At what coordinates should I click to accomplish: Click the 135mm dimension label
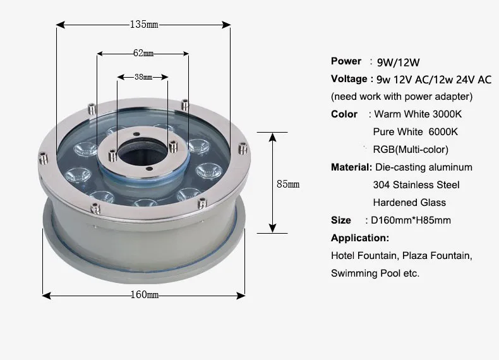[144, 25]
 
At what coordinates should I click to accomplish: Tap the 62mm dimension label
[143, 53]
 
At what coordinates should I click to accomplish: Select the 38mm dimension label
[143, 77]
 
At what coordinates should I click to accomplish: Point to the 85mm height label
[288, 184]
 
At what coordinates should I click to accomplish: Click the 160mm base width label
[145, 295]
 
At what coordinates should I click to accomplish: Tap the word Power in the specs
[346, 61]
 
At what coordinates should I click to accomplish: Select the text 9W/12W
[398, 63]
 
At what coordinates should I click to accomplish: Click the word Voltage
[349, 78]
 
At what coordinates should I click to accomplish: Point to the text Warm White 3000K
[418, 114]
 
